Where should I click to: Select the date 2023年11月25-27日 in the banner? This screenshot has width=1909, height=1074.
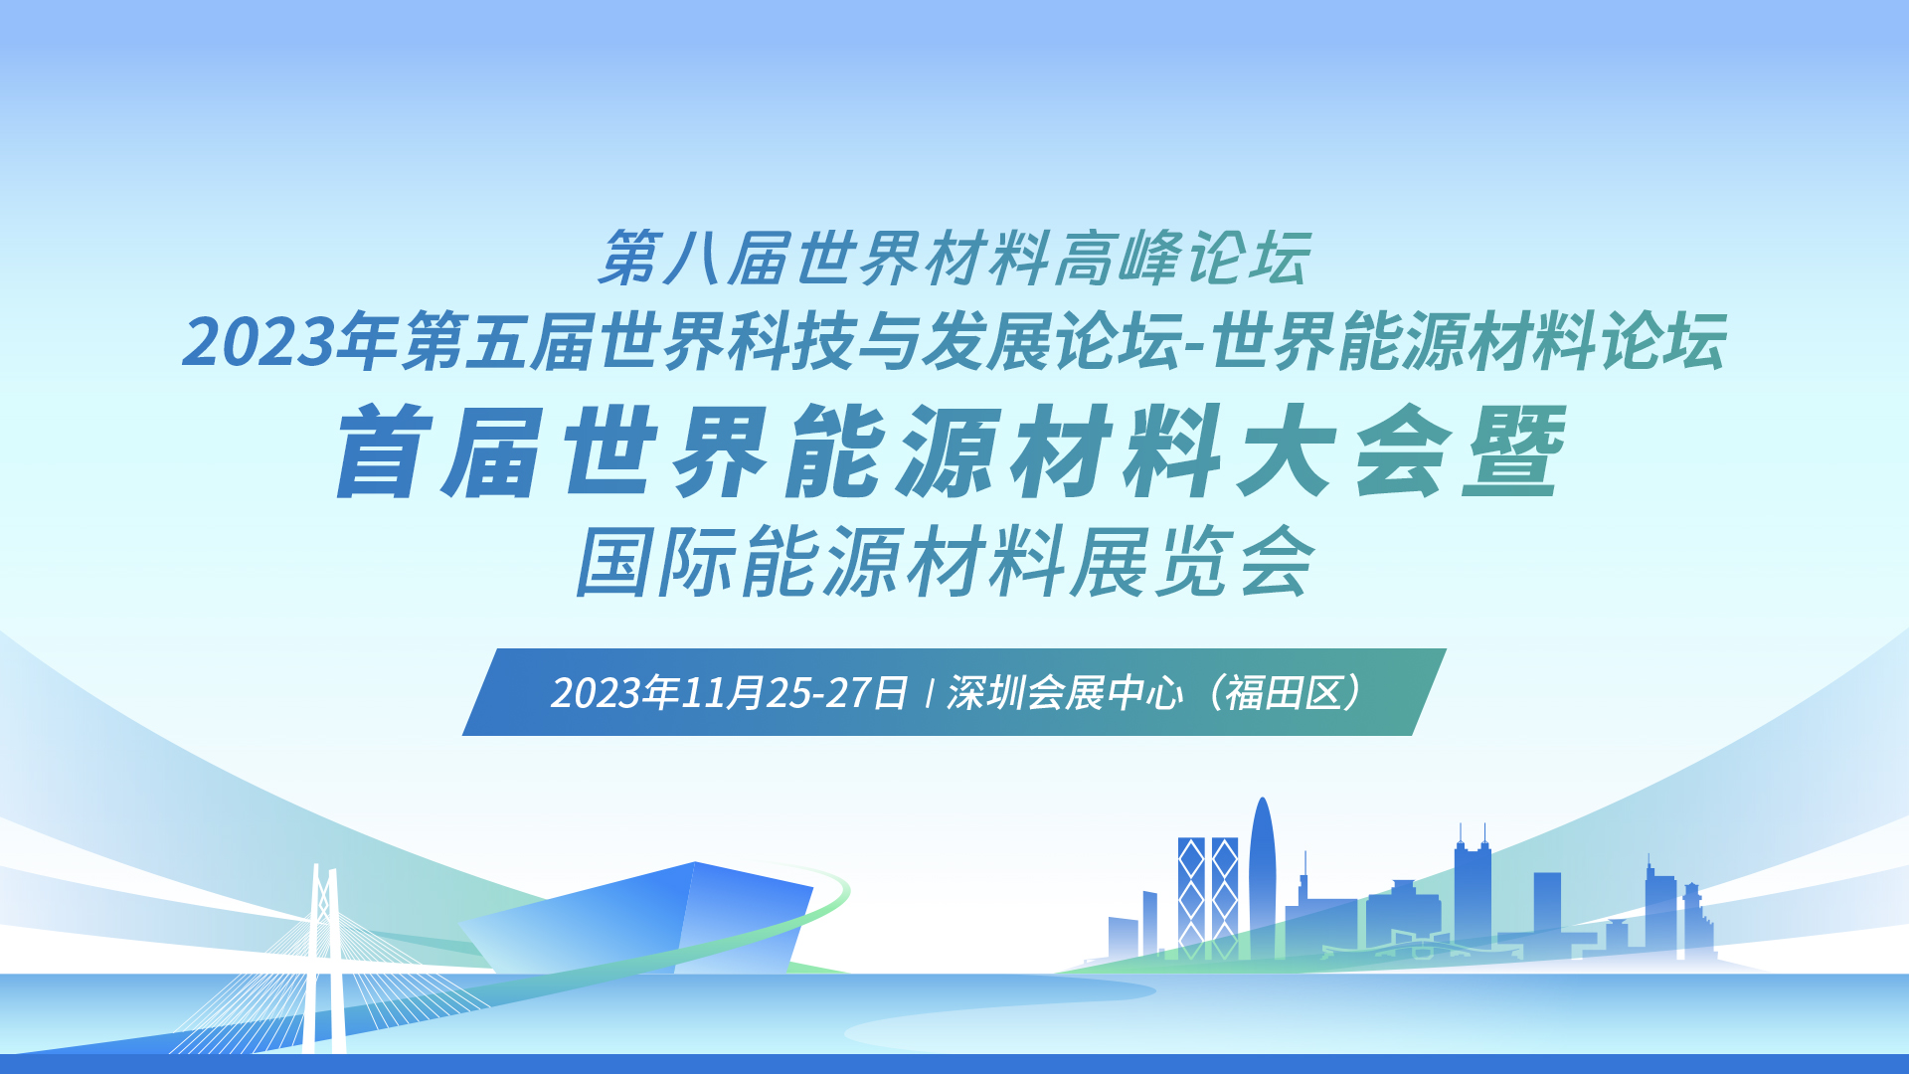pyautogui.click(x=730, y=693)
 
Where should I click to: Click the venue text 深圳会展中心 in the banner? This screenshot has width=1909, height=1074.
pyautogui.click(x=1065, y=693)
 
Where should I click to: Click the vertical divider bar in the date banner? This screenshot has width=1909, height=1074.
pyautogui.click(x=928, y=693)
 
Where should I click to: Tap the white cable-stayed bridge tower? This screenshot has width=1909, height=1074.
pyautogui.click(x=325, y=960)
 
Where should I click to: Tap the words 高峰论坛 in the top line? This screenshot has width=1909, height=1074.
pyautogui.click(x=1182, y=259)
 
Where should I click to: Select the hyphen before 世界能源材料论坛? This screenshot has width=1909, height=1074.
pyautogui.click(x=1196, y=346)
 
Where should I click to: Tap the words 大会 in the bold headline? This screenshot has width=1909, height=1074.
pyautogui.click(x=1344, y=452)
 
